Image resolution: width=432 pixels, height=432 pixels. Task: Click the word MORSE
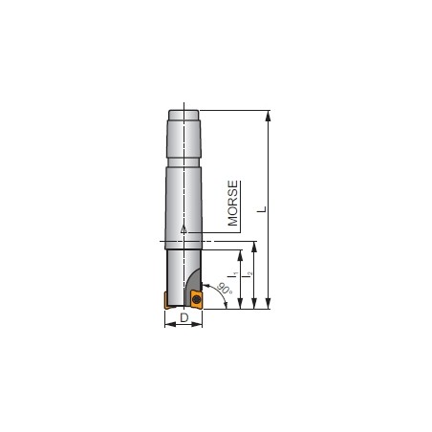coord(233,204)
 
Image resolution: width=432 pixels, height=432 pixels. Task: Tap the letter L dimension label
coord(262,209)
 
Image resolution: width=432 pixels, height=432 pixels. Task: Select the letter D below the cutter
coord(184,317)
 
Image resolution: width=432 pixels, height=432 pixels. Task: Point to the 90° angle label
coord(224,289)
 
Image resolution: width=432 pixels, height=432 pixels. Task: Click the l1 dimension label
coord(234,274)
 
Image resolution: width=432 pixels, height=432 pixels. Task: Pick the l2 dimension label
coord(249,274)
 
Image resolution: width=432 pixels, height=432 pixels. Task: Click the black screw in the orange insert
coord(197,299)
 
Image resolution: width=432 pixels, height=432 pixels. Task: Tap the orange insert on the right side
coord(196,299)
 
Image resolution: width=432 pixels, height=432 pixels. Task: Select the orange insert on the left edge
coord(167,300)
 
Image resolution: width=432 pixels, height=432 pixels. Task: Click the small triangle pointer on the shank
coord(184,229)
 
